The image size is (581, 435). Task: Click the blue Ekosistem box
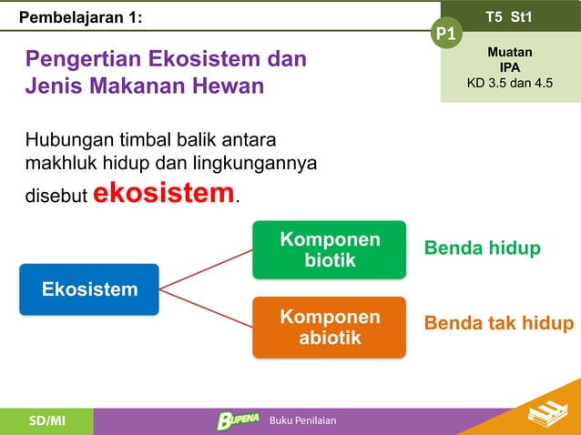click(89, 289)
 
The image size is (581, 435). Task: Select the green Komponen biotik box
click(330, 249)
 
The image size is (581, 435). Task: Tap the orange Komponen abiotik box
click(330, 327)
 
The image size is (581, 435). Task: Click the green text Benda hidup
click(482, 248)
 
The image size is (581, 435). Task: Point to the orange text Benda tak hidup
click(499, 324)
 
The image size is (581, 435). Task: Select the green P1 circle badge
click(446, 35)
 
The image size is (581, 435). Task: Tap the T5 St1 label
click(510, 16)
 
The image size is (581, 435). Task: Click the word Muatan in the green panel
click(510, 53)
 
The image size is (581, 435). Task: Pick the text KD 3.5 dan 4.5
click(510, 84)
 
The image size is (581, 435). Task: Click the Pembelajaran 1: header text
click(81, 16)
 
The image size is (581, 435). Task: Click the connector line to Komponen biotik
click(206, 269)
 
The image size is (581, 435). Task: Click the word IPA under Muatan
click(510, 67)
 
